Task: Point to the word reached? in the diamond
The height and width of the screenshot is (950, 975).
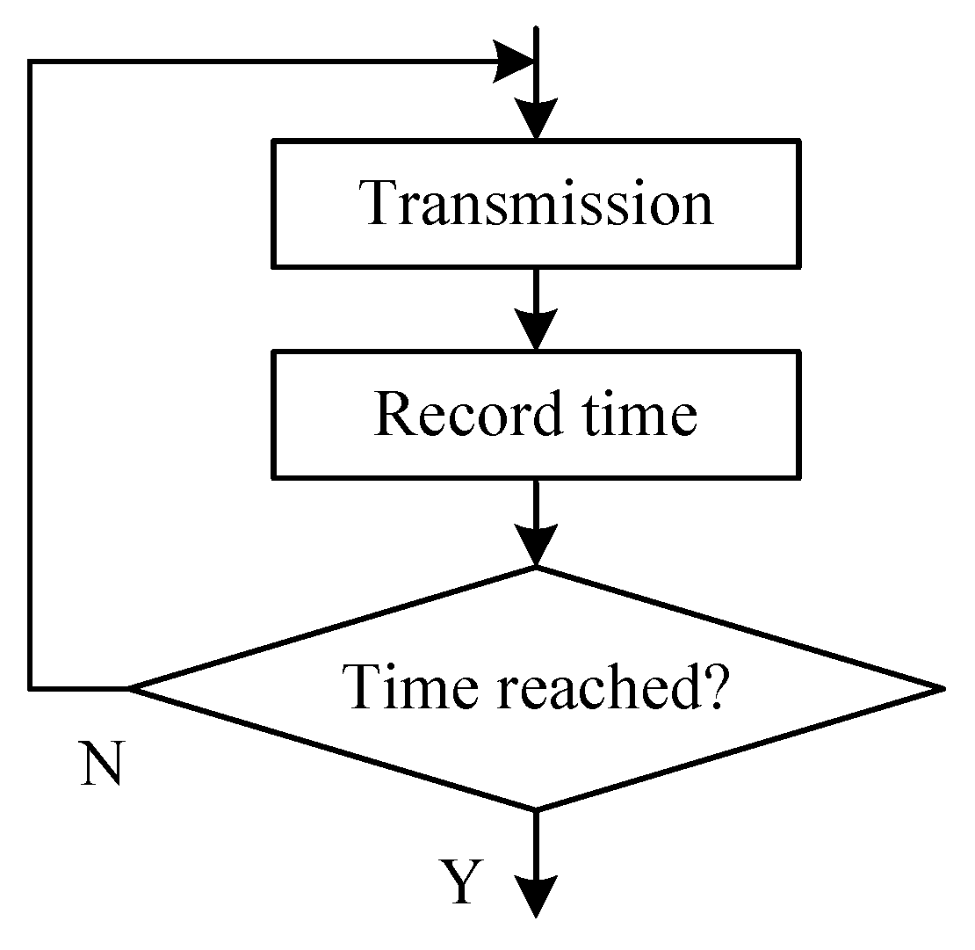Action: (x=611, y=685)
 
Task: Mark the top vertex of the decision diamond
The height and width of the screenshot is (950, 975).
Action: (x=535, y=568)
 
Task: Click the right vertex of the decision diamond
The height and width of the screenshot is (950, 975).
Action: (x=942, y=687)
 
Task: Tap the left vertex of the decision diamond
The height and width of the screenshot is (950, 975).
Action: (x=130, y=687)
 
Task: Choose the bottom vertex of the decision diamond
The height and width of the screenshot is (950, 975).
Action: (x=535, y=809)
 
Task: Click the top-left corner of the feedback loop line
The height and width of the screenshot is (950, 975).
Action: (x=31, y=62)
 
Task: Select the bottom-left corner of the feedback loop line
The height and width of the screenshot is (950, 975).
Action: (x=31, y=687)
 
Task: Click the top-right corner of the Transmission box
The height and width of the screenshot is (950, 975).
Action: (x=799, y=141)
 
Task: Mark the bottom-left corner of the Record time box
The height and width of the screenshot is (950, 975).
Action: (x=275, y=477)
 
